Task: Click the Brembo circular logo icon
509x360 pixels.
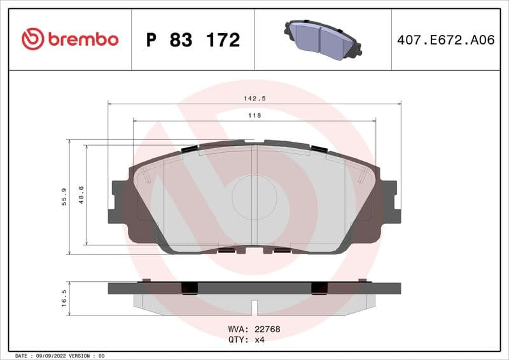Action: point(32,39)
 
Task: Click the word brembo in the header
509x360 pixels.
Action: point(82,39)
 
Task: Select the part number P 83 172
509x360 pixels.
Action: point(193,40)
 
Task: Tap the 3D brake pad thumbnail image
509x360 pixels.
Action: point(322,39)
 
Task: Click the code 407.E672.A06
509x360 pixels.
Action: point(445,40)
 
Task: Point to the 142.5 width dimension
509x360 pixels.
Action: point(254,98)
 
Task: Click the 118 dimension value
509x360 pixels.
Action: point(254,115)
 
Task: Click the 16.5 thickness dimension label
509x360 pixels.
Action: point(64,298)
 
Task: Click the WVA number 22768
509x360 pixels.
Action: point(268,329)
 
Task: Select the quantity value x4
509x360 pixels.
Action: point(259,340)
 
